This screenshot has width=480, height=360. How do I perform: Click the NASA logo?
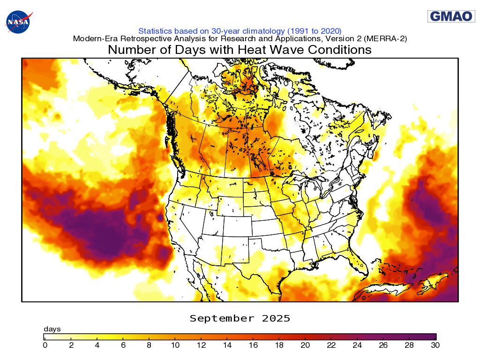[x=17, y=22]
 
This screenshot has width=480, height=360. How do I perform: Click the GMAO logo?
[x=451, y=16]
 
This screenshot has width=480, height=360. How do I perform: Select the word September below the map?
[x=220, y=319]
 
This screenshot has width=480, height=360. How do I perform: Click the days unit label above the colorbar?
[x=52, y=329]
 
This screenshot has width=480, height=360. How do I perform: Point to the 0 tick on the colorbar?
[x=45, y=345]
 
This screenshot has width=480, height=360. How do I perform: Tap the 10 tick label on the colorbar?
[x=175, y=345]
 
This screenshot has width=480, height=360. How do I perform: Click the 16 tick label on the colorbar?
[x=253, y=345]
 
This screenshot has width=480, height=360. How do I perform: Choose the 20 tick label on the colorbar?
[x=305, y=345]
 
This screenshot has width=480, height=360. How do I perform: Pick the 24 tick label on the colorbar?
[x=357, y=345]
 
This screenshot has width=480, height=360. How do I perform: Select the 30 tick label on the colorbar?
[x=435, y=345]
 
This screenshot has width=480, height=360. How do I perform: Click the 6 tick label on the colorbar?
[x=123, y=345]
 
